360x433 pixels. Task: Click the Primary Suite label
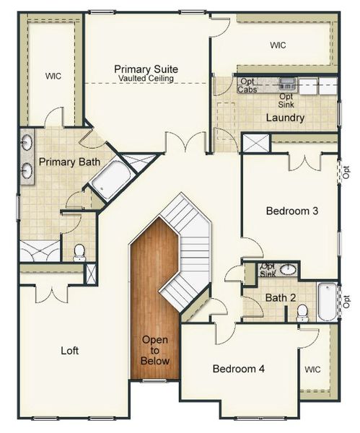pos(146,69)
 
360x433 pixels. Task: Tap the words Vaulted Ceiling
pos(146,78)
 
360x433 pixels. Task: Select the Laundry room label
pos(285,118)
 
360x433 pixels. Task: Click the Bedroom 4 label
pos(239,369)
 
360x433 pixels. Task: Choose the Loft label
pos(69,351)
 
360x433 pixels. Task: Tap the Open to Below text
pos(155,350)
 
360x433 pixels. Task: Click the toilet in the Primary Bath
pos(79,253)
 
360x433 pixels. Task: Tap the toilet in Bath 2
pos(302,312)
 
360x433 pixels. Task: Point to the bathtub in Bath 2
pos(327,302)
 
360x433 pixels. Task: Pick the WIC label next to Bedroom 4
pos(312,369)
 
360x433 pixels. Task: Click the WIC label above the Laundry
pos(278,45)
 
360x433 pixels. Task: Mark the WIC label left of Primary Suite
pos(53,76)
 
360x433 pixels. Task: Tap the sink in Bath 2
pos(287,270)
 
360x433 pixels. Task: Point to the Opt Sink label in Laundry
pos(286,100)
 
